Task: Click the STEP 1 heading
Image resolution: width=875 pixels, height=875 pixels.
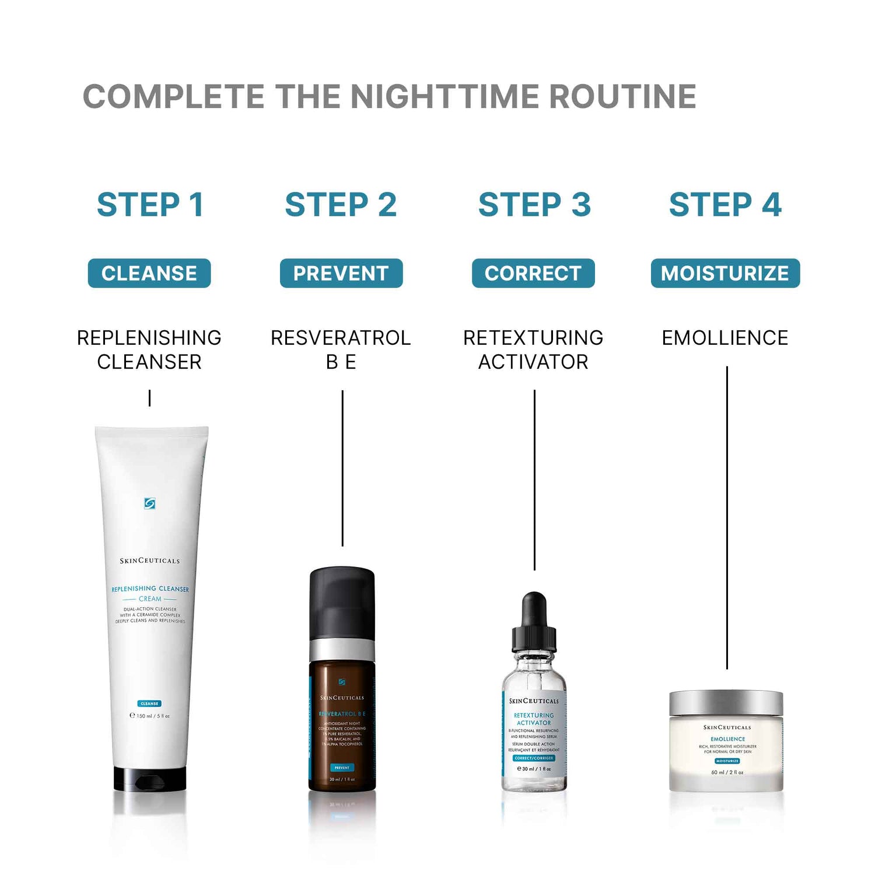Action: point(150,205)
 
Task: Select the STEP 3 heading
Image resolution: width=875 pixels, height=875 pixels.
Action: point(534,205)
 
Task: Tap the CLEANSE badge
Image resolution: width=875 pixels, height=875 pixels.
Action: point(149,273)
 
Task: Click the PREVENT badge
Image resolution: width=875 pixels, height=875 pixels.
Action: point(341,273)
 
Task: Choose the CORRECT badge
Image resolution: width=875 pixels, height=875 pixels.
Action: point(533,273)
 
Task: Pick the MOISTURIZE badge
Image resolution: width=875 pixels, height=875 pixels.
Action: point(725,273)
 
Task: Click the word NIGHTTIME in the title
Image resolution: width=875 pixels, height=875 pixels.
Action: point(446,96)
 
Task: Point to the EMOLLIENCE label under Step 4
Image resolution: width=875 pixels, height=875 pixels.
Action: point(725,338)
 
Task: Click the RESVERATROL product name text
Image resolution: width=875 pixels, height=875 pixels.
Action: point(341,338)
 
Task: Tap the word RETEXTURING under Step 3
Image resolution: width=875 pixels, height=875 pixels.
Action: point(533,338)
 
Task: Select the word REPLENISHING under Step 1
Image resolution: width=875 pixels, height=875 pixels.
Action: point(149,338)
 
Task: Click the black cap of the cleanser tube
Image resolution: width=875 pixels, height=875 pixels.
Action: point(150,779)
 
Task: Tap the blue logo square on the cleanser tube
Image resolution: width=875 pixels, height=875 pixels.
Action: point(149,503)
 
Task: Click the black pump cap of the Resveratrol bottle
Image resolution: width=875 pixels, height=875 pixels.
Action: point(342,601)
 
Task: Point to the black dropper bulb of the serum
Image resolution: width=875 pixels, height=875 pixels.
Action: point(534,610)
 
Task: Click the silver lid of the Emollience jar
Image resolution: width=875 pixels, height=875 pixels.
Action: point(726,703)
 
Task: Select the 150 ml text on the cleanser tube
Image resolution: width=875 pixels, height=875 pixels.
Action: point(150,716)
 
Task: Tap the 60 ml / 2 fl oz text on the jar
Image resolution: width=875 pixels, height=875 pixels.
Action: point(727,772)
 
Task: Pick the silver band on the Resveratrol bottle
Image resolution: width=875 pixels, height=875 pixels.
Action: point(342,649)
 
